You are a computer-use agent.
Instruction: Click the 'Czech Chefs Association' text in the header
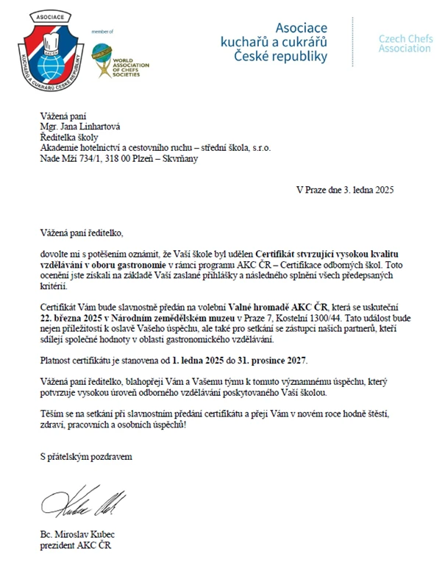tap(405, 43)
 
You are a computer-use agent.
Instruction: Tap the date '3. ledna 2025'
tap(366, 190)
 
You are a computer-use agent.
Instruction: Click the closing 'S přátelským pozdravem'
tap(86, 457)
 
